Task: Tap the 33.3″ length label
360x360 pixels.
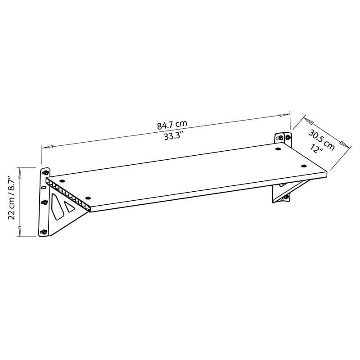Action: click(x=172, y=136)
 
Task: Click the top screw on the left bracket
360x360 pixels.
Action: click(x=45, y=172)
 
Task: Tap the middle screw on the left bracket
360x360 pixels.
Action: click(x=45, y=202)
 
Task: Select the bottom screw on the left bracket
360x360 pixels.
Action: click(x=45, y=232)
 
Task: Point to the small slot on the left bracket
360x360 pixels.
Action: click(x=43, y=187)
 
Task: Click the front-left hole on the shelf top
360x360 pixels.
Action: click(x=88, y=198)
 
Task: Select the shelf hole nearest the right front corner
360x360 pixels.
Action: click(x=304, y=166)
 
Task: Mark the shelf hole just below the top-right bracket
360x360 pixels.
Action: click(x=278, y=148)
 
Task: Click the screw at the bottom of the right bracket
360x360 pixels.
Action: click(x=285, y=197)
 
